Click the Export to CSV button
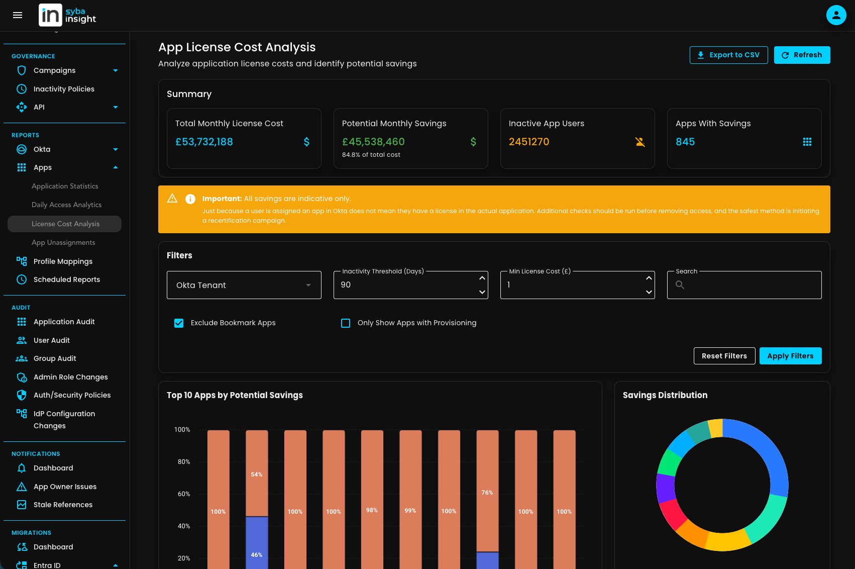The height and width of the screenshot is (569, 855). tap(728, 55)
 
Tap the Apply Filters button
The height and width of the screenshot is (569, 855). tap(790, 356)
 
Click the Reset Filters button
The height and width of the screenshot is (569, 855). tap(724, 356)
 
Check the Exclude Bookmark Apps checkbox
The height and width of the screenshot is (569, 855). tap(179, 323)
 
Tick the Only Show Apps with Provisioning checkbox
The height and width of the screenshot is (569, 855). tap(346, 323)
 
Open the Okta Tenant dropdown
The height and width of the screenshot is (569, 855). tap(244, 285)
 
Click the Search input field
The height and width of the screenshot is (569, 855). tap(749, 285)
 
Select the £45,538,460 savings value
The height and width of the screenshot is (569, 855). tap(373, 142)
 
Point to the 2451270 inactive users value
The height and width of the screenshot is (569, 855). tap(529, 142)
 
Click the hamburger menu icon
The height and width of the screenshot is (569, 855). tap(18, 15)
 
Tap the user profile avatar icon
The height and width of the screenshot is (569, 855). tap(836, 15)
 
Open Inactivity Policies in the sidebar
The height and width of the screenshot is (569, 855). tap(64, 89)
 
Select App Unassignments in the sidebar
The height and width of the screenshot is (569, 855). tap(63, 242)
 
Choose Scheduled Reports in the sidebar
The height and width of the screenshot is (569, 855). tap(66, 279)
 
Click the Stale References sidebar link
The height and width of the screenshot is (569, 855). tap(63, 505)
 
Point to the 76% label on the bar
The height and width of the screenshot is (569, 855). tap(487, 493)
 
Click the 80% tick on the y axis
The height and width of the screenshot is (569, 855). tap(184, 461)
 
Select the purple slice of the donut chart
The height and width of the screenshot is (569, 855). tap(666, 487)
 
